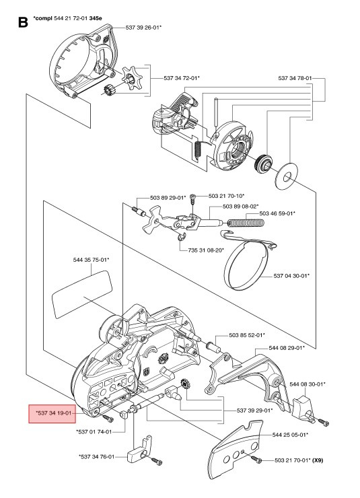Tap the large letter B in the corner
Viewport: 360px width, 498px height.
point(22,24)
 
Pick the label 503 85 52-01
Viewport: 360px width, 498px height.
point(246,334)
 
